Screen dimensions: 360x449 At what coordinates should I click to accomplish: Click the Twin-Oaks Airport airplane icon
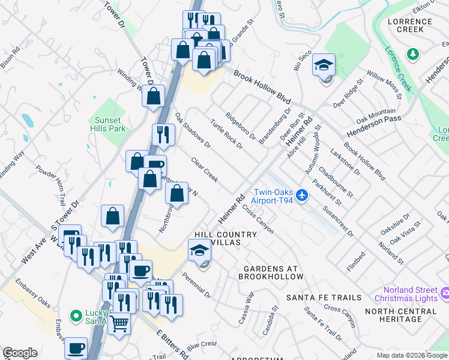(302, 195)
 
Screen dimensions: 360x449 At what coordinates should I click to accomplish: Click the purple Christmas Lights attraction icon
(445, 293)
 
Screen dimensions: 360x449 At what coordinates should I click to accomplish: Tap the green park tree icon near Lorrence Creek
(412, 55)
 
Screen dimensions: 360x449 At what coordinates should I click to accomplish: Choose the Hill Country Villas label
(217, 238)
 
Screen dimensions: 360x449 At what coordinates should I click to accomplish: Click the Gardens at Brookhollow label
(271, 272)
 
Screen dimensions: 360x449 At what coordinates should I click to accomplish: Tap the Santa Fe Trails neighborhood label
(324, 298)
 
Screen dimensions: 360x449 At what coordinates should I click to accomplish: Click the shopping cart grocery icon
(119, 323)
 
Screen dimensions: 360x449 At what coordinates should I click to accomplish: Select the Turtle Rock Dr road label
(226, 133)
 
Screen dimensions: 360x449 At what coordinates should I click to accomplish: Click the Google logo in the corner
(20, 353)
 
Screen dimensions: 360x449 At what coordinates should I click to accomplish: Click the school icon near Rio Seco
(324, 65)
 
